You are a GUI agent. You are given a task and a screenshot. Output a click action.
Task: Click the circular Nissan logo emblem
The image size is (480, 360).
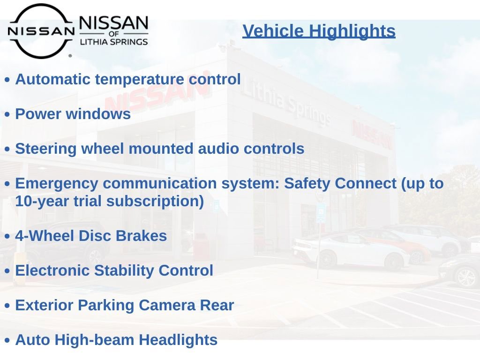tap(41, 31)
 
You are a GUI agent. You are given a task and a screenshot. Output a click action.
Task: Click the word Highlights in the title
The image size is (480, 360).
tap(352, 31)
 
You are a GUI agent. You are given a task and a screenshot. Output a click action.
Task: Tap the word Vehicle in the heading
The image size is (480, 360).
tap(273, 31)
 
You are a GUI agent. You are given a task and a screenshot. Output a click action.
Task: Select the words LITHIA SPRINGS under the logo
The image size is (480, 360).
tap(114, 42)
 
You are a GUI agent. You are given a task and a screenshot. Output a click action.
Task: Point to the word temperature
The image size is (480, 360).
tap(140, 80)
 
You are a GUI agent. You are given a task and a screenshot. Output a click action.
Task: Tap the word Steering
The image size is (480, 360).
tap(45, 149)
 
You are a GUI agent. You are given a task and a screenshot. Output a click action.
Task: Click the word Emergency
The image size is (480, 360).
tap(57, 184)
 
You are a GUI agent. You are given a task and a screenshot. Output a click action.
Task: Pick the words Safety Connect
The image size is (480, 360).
tap(340, 183)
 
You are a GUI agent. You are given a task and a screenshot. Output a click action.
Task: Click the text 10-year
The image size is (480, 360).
tap(42, 202)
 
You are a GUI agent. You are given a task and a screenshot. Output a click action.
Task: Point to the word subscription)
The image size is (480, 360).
tap(155, 202)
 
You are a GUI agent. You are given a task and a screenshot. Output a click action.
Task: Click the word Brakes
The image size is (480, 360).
tap(141, 236)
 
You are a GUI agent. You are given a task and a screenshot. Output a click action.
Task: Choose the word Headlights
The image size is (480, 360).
tap(178, 340)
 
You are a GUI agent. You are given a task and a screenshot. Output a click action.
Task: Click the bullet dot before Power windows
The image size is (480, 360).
tap(7, 114)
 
